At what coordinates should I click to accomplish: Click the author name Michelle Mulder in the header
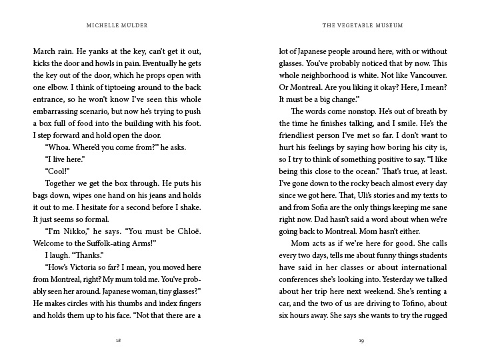[x=118, y=26]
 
